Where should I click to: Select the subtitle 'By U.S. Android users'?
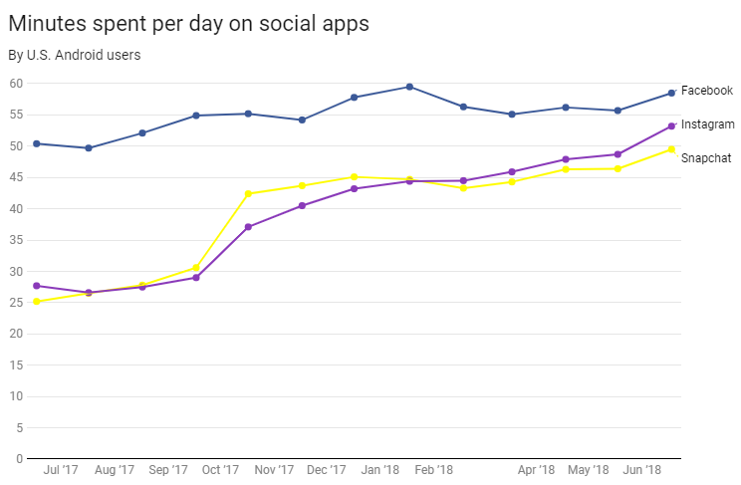(75, 55)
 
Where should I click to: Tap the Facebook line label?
(707, 91)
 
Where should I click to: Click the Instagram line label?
(708, 124)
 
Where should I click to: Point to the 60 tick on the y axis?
(17, 84)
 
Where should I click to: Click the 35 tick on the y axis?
(17, 240)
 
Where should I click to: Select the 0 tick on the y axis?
(20, 459)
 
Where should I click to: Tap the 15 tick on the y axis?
(17, 365)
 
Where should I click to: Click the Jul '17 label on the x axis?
(62, 470)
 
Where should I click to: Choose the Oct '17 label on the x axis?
(220, 470)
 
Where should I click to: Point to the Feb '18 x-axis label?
(433, 470)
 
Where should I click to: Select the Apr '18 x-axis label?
(537, 470)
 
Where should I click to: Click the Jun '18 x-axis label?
(642, 470)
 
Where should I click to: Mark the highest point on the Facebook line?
(409, 87)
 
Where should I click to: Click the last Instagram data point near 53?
(672, 126)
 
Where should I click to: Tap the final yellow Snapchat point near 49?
(672, 149)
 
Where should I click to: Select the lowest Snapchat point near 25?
(37, 301)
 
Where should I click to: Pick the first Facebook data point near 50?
(37, 143)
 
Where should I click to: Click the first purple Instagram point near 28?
(37, 286)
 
